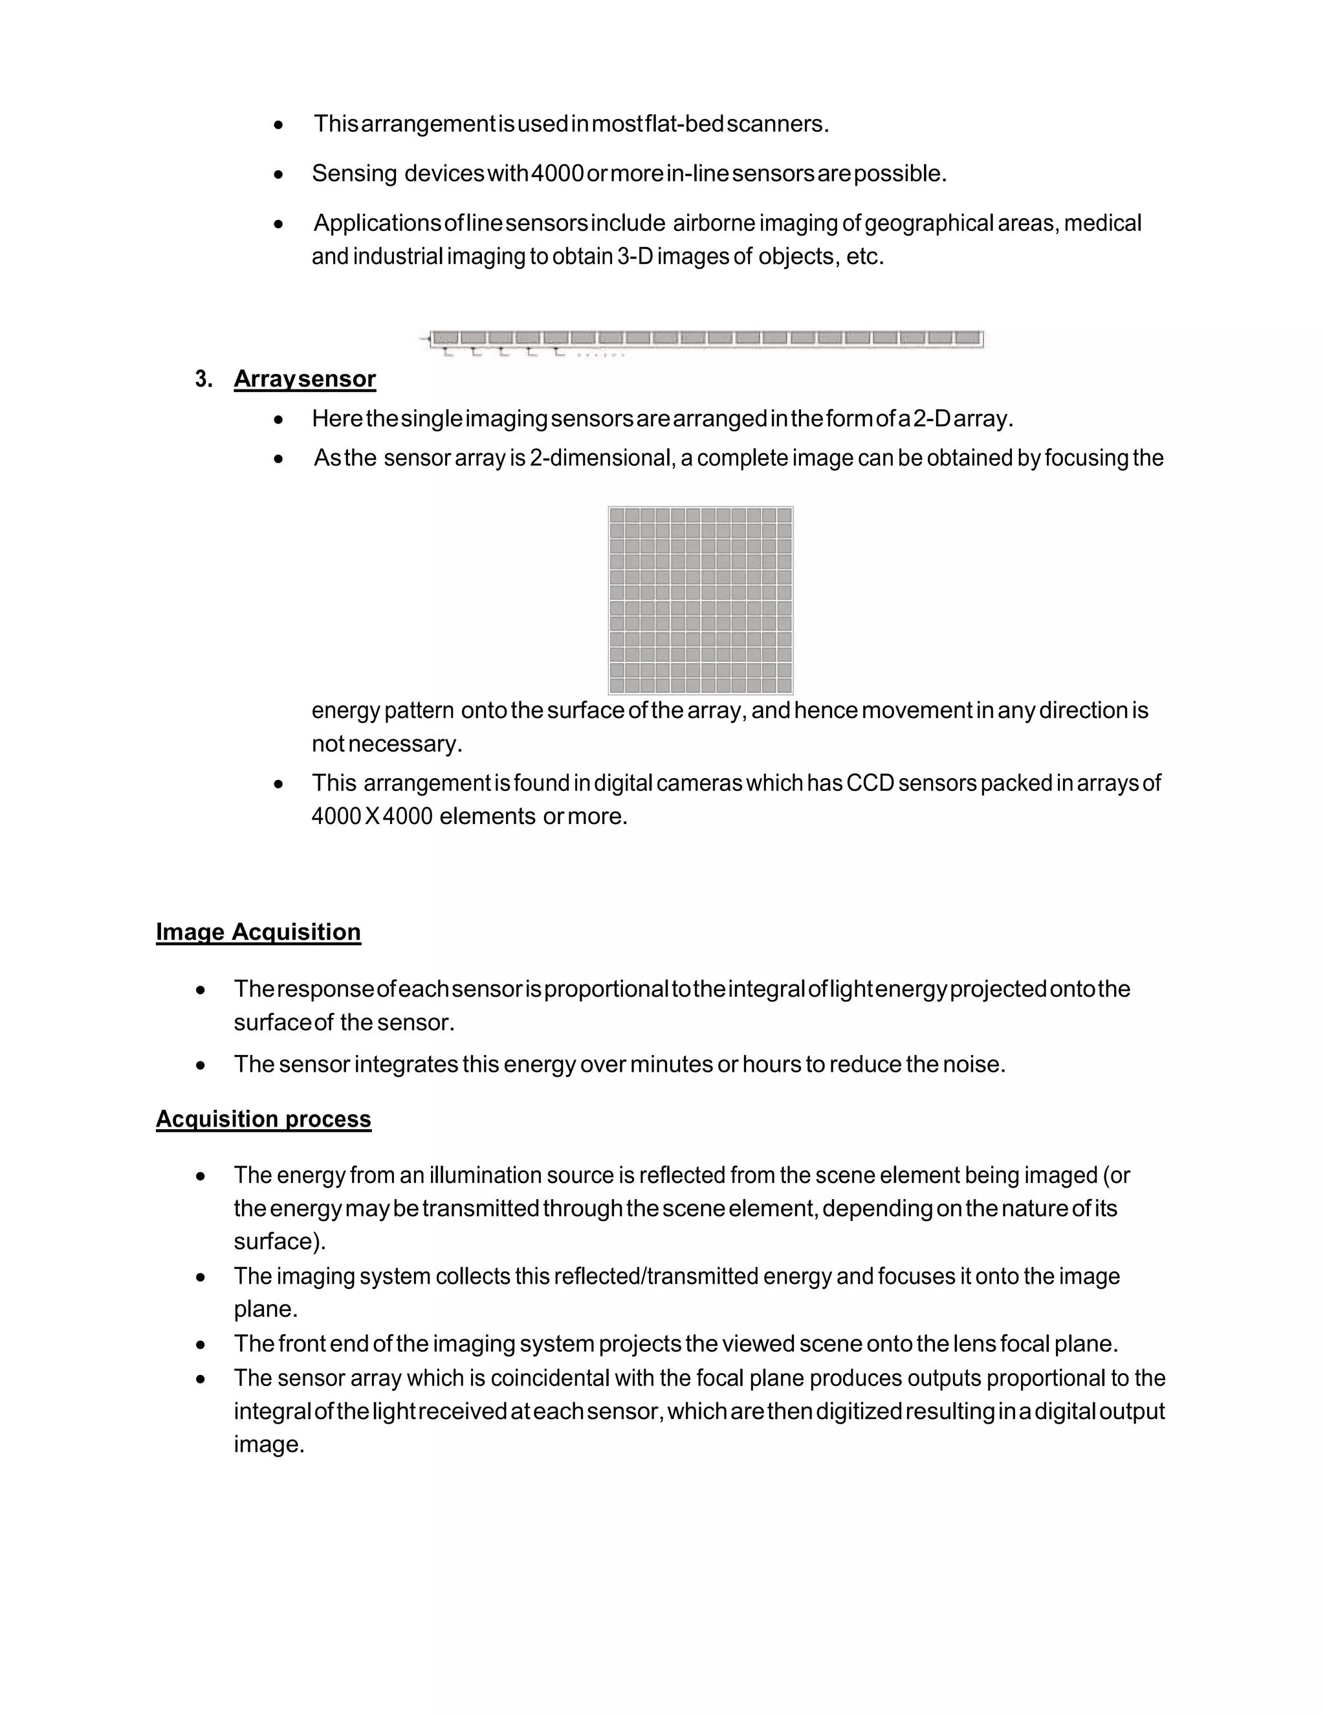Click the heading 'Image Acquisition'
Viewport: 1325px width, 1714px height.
pos(258,931)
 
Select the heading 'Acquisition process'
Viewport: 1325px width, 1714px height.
pos(263,1118)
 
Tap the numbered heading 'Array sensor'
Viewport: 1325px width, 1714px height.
pos(305,379)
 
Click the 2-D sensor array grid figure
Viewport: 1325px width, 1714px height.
pos(700,600)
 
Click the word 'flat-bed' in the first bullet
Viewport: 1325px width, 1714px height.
pos(684,124)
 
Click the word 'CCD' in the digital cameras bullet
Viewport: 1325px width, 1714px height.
pos(871,783)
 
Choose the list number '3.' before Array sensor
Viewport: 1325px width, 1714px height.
pos(204,380)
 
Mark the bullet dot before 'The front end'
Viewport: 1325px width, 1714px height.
pos(202,1345)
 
